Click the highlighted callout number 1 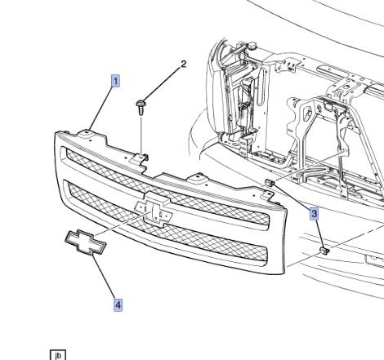pos(115,81)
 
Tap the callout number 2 pos(184,64)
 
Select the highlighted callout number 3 pos(314,213)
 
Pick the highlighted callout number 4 pos(118,304)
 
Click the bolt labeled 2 pos(141,107)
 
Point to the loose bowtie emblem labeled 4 pos(85,242)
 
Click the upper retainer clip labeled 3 pos(269,183)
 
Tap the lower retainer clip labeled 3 pos(324,251)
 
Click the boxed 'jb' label pos(58,355)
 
